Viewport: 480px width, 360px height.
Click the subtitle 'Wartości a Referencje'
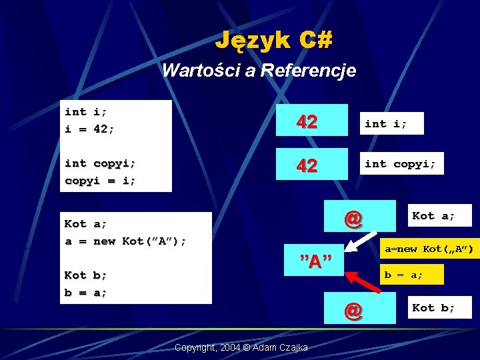click(x=259, y=70)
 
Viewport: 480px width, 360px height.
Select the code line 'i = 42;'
click(x=89, y=129)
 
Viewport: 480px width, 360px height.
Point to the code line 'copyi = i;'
click(x=100, y=180)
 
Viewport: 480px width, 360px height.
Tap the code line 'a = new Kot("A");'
click(x=125, y=241)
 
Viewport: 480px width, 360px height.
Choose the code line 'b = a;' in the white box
click(x=86, y=292)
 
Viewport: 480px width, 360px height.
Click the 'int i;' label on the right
click(x=385, y=123)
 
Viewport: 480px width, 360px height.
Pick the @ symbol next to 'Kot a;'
click(x=353, y=218)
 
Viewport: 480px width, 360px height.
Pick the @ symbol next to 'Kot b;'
click(x=353, y=309)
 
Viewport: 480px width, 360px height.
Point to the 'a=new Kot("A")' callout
click(x=429, y=249)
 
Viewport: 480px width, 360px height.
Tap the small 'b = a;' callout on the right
click(x=402, y=273)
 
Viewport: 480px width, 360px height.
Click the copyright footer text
click(x=240, y=347)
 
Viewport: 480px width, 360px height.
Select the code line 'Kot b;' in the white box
click(x=86, y=275)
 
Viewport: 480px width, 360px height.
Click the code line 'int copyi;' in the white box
click(x=100, y=163)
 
